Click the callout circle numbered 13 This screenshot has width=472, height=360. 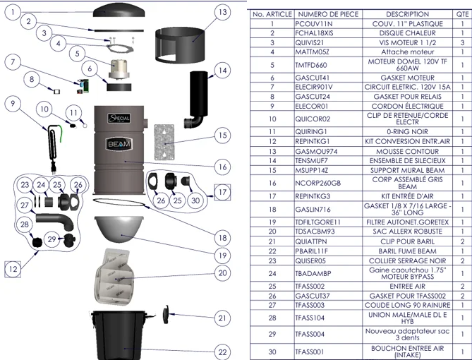click(x=222, y=12)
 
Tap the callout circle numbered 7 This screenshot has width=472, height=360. click(x=13, y=62)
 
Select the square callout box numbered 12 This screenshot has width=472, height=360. click(x=13, y=269)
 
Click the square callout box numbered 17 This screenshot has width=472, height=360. click(x=222, y=192)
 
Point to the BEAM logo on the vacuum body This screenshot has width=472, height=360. click(x=119, y=144)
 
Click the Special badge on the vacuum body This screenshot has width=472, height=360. click(x=119, y=118)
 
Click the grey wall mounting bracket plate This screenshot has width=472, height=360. click(x=164, y=142)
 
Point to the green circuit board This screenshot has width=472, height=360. click(x=83, y=86)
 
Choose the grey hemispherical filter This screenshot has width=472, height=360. click(x=119, y=229)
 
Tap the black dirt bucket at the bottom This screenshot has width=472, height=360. click(x=119, y=335)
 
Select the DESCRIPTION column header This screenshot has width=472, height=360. click(x=407, y=14)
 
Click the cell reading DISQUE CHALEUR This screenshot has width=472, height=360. click(x=407, y=33)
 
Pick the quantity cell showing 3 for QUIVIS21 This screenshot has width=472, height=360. click(x=462, y=42)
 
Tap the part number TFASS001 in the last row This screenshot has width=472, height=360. click(x=310, y=352)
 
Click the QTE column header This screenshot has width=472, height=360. click(x=462, y=14)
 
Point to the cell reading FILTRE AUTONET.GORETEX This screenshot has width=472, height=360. click(x=407, y=222)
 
